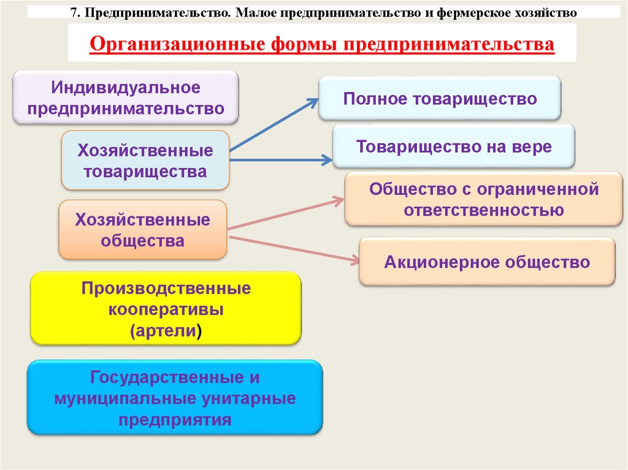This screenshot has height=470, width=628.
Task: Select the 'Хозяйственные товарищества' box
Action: [145, 161]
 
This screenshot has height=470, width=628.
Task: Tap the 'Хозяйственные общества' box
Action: [142, 230]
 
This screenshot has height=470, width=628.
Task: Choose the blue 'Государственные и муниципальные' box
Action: [175, 398]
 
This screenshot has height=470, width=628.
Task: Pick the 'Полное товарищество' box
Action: [439, 99]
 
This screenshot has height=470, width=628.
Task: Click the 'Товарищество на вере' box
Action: [454, 146]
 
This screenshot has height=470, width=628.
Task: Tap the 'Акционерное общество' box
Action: [487, 262]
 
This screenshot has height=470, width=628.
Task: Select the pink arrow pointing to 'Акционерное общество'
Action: [294, 248]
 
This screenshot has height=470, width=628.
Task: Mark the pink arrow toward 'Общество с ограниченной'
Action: [285, 214]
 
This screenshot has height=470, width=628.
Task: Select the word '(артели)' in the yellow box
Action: [166, 330]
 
